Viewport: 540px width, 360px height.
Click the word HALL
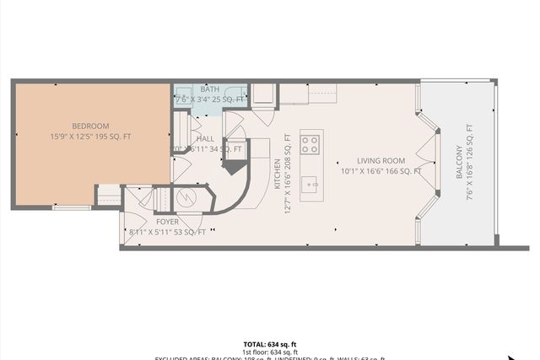point(206,138)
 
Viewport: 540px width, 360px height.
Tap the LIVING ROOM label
point(381,160)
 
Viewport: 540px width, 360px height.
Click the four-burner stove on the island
point(310,143)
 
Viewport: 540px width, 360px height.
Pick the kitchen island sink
point(310,183)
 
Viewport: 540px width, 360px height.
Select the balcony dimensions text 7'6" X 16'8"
point(470,163)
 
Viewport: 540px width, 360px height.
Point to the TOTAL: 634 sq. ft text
point(270,344)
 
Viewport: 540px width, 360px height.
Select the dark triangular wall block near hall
point(233,166)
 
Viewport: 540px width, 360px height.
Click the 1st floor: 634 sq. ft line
point(270,352)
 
